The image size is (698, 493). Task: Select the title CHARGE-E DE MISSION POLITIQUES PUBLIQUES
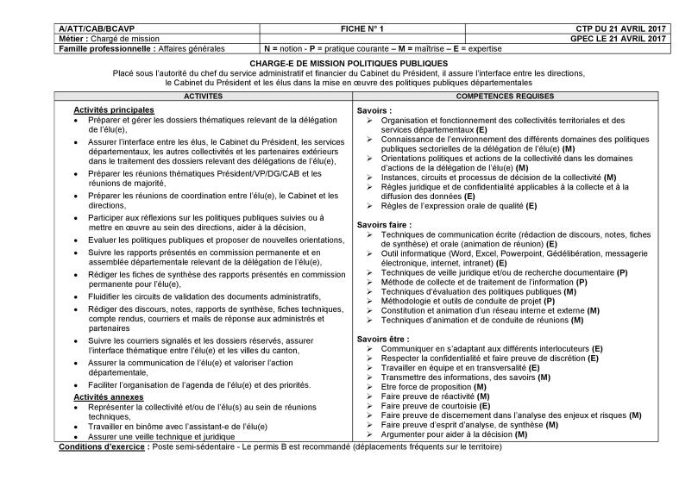[349, 64]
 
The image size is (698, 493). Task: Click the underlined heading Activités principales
[114, 110]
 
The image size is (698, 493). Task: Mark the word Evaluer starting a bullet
[103, 240]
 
